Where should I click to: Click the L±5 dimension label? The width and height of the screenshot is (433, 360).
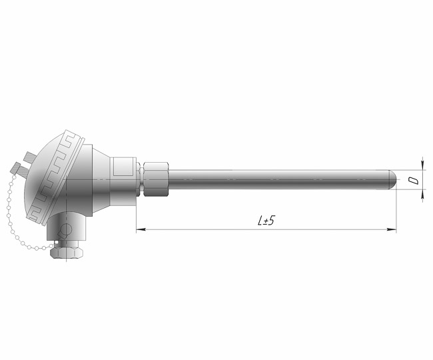(266, 221)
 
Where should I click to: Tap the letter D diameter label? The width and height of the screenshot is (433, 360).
(414, 181)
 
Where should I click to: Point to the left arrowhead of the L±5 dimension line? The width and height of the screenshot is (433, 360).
(141, 229)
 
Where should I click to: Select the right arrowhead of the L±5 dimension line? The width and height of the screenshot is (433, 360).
(392, 229)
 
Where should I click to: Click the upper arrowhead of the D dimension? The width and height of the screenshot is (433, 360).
(422, 166)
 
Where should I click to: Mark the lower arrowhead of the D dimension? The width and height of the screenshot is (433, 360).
(422, 194)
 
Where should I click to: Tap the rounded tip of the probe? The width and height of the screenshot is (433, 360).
(393, 180)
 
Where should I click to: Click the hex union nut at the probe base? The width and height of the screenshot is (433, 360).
(156, 179)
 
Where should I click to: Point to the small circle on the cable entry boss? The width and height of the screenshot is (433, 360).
(66, 229)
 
